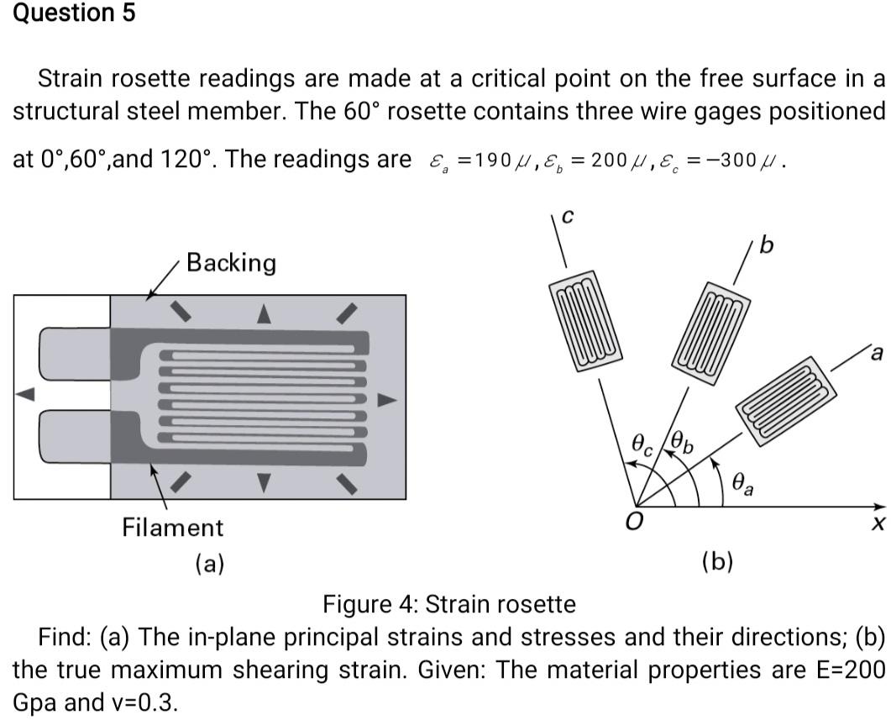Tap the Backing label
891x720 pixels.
point(231,263)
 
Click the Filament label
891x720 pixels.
point(173,528)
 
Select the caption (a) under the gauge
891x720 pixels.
point(209,562)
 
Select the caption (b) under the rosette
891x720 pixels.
point(716,561)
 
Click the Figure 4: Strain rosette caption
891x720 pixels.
point(449,604)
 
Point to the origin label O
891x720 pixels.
point(637,523)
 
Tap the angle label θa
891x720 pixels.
point(742,482)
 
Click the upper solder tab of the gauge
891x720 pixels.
point(76,355)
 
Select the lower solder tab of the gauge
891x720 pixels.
point(76,435)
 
